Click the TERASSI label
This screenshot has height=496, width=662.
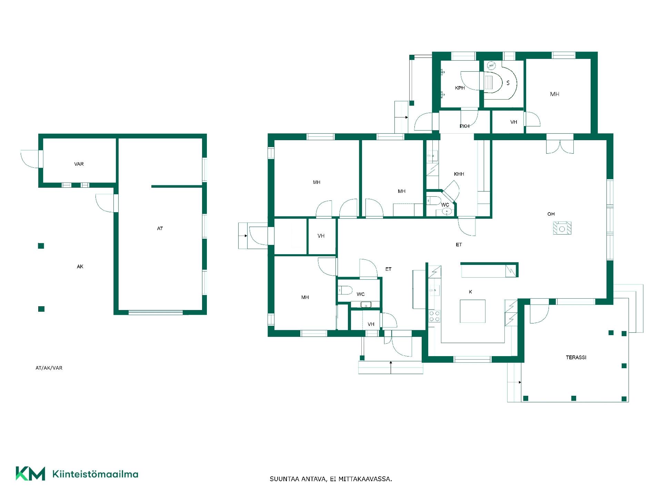coord(576,358)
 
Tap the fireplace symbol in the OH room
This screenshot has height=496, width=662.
coord(562,228)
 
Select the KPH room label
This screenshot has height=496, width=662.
coord(460,88)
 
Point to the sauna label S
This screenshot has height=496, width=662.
coord(508,83)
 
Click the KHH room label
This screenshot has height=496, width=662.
coord(459,174)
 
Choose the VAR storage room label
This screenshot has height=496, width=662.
coord(79,164)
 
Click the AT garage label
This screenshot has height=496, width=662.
coord(160,228)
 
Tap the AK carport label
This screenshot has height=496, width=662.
coord(80,267)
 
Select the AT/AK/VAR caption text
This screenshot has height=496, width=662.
coord(49,368)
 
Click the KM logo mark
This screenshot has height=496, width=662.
coord(30,473)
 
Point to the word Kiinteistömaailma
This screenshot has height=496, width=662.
coord(95,474)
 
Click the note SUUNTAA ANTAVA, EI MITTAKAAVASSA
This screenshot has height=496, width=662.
coord(331,479)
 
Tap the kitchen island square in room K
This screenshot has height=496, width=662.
coord(472,311)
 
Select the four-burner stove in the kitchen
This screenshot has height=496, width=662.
coord(434,316)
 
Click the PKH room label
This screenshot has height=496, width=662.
coord(464,126)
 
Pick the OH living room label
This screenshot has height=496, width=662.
coord(551,214)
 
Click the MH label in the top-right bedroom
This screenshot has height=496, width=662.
coord(554,94)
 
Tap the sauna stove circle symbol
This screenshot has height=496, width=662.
coord(491,65)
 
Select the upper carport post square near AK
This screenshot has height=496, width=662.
coord(41,246)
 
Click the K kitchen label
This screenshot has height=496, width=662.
coord(470,292)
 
